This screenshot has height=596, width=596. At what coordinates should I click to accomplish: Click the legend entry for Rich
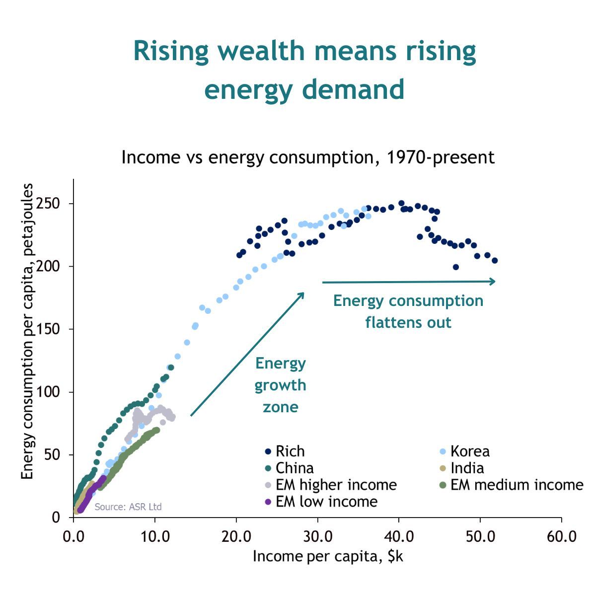pyautogui.click(x=290, y=451)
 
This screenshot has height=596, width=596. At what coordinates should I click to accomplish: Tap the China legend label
pyautogui.click(x=294, y=468)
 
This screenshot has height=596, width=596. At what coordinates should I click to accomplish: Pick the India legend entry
pyautogui.click(x=466, y=468)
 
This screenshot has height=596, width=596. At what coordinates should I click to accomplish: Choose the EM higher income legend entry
pyautogui.click(x=336, y=485)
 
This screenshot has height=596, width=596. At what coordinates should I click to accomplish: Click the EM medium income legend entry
pyautogui.click(x=516, y=485)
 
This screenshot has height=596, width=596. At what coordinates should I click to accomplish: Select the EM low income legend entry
pyautogui.click(x=326, y=502)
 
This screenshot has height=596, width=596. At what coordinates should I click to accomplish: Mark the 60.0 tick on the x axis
pyautogui.click(x=562, y=536)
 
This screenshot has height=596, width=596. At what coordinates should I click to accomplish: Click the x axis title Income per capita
pyautogui.click(x=328, y=556)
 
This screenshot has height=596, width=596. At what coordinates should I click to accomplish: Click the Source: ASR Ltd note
pyautogui.click(x=128, y=507)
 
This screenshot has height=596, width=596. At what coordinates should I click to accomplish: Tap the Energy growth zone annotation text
pyautogui.click(x=281, y=385)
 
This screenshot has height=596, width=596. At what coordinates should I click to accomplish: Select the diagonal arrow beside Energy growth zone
pyautogui.click(x=247, y=354)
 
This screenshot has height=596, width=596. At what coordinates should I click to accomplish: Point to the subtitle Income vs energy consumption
pyautogui.click(x=308, y=157)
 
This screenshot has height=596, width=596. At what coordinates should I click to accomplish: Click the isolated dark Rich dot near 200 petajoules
pyautogui.click(x=456, y=267)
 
